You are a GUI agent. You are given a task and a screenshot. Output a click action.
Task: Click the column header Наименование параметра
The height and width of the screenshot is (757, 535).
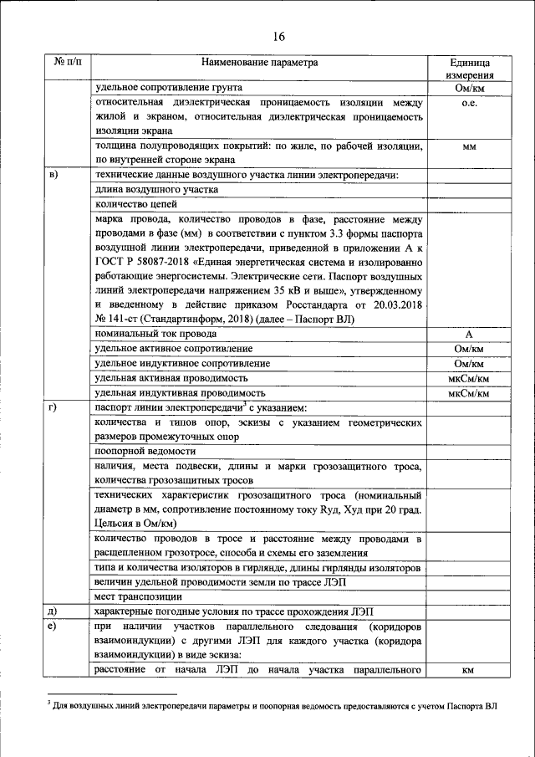coord(259,63)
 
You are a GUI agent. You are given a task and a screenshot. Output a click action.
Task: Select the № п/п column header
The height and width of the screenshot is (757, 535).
coord(66,63)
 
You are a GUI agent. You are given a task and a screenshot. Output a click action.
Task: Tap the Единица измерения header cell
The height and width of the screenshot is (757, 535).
coord(468,69)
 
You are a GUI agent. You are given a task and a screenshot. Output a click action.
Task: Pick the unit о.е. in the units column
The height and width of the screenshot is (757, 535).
coord(468,103)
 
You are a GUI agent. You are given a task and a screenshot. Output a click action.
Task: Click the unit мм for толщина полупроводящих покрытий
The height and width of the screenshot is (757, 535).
coord(468,146)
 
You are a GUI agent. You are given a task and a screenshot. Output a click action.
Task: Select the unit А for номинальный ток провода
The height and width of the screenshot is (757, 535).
coord(468,334)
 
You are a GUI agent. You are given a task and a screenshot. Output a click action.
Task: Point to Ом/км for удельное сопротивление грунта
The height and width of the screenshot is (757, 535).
coord(468,88)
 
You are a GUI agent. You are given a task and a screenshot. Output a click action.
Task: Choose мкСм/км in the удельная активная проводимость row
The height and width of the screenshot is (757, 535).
coord(468,378)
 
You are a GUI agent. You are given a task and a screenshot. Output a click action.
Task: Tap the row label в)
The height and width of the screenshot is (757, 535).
coord(54,174)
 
